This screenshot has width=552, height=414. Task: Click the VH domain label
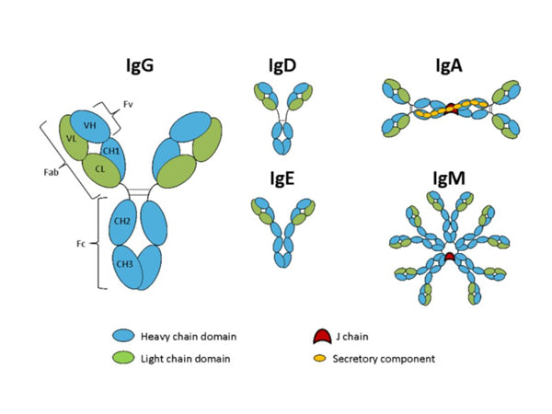coord(91,125)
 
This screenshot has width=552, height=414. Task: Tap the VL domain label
coord(71,139)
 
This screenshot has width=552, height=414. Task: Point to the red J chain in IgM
coord(450,258)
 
